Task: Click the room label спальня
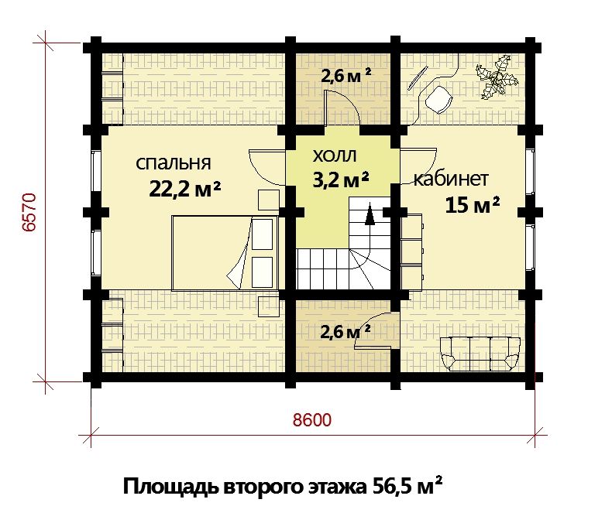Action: tap(174, 163)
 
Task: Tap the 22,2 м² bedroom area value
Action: tap(185, 190)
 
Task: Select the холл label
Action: tap(335, 156)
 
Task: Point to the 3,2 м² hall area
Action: tap(341, 179)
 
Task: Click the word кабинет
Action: tap(451, 180)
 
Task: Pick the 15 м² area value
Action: tap(473, 204)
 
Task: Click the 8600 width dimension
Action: tap(312, 420)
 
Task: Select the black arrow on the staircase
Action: tap(370, 214)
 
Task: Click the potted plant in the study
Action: tap(497, 77)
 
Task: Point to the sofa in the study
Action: tap(480, 354)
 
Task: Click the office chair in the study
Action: tap(438, 99)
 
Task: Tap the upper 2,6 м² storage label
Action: tap(346, 75)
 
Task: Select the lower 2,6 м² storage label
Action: tap(345, 332)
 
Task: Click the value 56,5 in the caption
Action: tap(391, 487)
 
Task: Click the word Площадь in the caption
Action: tap(170, 487)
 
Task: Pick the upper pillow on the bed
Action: tap(263, 234)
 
